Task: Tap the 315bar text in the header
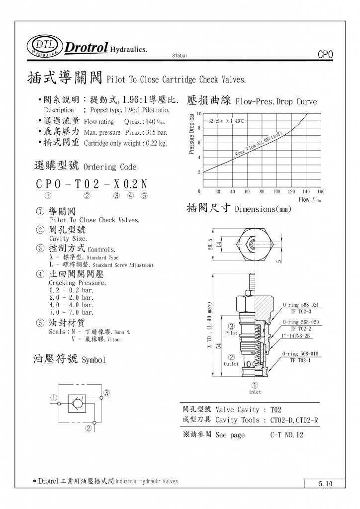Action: pos(179,56)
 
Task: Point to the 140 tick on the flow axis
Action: pos(306,191)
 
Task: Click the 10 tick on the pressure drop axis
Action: pos(199,114)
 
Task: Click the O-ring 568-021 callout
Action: pos(301,305)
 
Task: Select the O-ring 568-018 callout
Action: pos(301,353)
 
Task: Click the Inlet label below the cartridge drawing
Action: pos(255,392)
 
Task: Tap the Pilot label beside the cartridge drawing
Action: pos(231,333)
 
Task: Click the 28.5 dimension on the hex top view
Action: pos(210,245)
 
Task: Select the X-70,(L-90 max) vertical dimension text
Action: pos(210,325)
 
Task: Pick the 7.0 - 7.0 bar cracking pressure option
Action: pos(72,312)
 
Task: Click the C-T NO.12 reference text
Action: pos(287,435)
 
